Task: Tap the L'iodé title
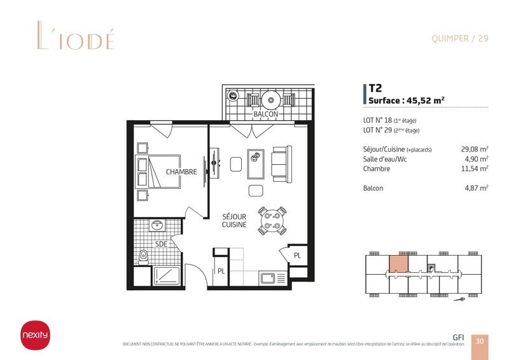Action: pyautogui.click(x=67, y=38)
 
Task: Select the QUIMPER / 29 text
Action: pyautogui.click(x=459, y=38)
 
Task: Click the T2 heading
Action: pyautogui.click(x=375, y=89)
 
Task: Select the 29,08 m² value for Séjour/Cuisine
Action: pyautogui.click(x=474, y=149)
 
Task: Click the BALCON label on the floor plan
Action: pyautogui.click(x=266, y=114)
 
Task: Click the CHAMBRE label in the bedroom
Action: pyautogui.click(x=181, y=172)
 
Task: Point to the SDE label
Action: pyautogui.click(x=161, y=244)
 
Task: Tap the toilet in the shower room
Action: pyautogui.click(x=144, y=256)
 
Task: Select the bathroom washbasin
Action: pyautogui.click(x=157, y=226)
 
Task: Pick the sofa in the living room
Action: pyautogui.click(x=281, y=162)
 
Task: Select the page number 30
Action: pyautogui.click(x=480, y=341)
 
